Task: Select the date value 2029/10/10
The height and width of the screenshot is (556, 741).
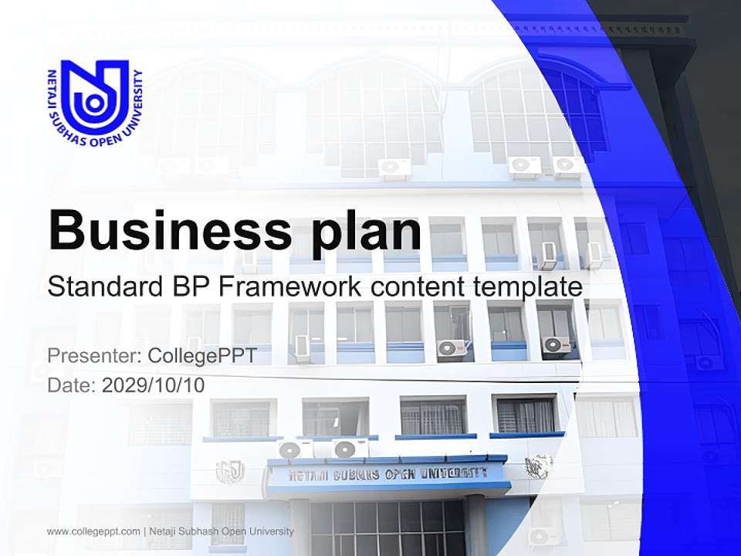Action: tap(153, 385)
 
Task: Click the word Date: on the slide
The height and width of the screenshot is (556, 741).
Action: tap(71, 385)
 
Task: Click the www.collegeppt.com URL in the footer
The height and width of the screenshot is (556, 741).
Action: tap(93, 531)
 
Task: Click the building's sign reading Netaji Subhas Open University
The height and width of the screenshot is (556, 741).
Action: tap(388, 473)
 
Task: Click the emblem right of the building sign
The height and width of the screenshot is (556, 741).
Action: tap(538, 466)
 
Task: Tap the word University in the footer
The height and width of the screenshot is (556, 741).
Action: tap(270, 531)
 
